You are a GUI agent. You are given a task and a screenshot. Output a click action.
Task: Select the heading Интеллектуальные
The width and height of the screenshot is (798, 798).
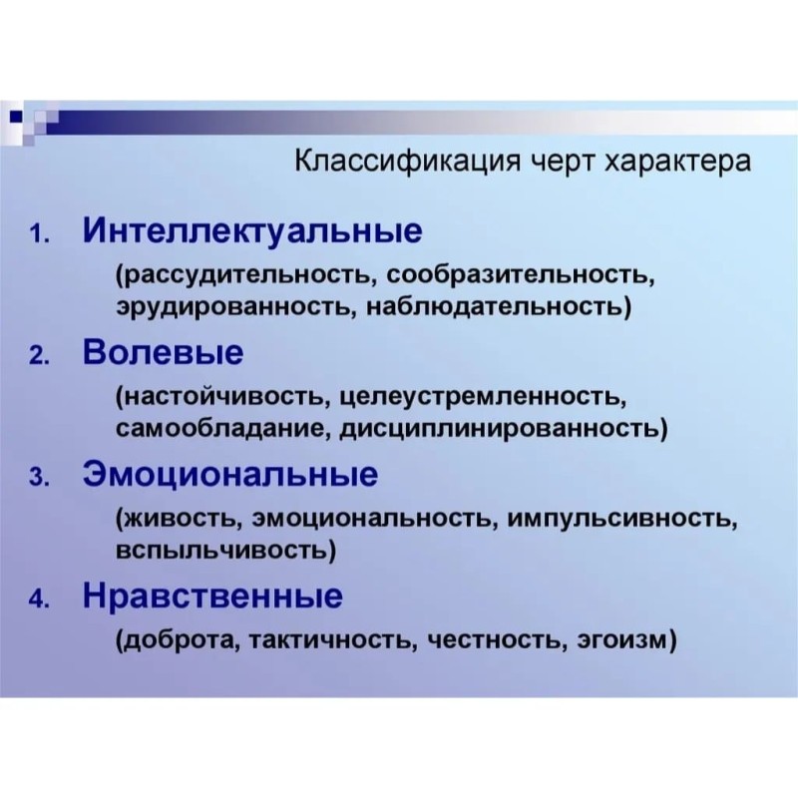(x=252, y=232)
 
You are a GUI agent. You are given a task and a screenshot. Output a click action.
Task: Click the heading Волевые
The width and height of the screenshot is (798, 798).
(x=163, y=352)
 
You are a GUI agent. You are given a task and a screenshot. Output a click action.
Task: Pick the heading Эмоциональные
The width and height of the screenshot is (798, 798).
(x=230, y=475)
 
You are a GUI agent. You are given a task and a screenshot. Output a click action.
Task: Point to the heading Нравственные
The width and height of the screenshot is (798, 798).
(x=212, y=597)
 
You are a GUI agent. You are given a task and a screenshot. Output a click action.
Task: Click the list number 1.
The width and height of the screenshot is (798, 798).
(x=39, y=235)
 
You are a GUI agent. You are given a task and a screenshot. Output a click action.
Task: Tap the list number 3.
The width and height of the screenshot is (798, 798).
(x=39, y=479)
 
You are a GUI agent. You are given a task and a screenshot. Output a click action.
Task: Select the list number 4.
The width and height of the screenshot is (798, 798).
(x=39, y=600)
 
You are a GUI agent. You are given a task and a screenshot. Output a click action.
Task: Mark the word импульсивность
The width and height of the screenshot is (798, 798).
(x=621, y=520)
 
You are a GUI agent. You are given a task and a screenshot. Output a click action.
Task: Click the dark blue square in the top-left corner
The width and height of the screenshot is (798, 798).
(x=16, y=118)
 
